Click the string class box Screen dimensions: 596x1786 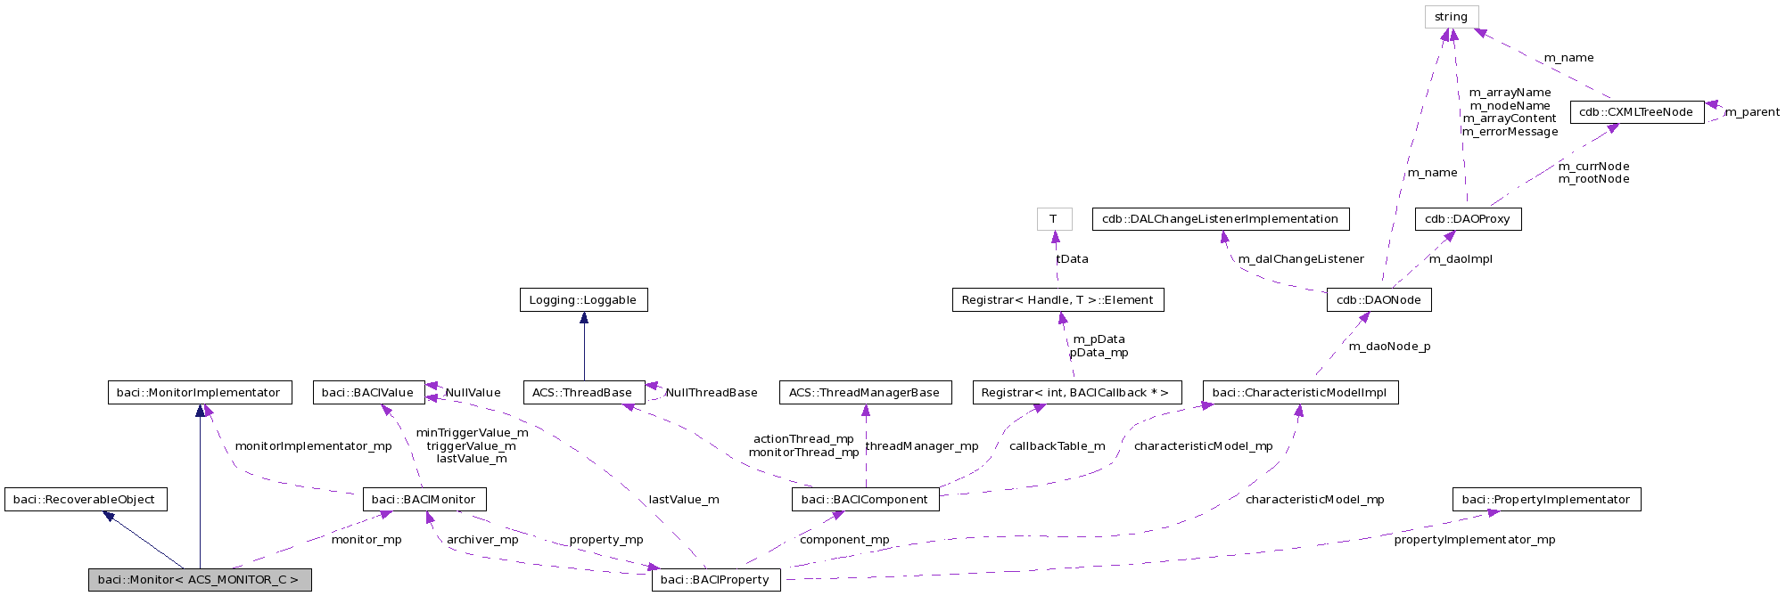1451,17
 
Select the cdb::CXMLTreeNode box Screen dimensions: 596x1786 1636,112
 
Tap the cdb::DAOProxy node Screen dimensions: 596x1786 1468,219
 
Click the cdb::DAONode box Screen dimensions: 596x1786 1379,300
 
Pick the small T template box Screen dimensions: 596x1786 1054,219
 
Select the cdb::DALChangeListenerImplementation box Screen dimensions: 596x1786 1220,219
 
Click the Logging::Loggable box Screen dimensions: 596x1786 583,300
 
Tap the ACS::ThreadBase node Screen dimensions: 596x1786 582,393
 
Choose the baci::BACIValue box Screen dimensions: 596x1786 367,393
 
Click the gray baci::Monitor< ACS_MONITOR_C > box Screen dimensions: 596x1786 199,580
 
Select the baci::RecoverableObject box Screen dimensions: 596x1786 85,500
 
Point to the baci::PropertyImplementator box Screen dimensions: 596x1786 1546,500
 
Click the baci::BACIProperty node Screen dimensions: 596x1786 715,580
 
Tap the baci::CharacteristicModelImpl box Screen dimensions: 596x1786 1300,393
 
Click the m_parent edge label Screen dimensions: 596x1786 1751,112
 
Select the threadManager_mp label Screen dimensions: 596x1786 922,446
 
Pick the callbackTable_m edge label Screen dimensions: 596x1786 1057,446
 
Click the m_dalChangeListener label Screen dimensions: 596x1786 1301,259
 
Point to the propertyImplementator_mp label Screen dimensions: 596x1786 1474,540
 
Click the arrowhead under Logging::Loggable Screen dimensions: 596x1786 584,318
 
